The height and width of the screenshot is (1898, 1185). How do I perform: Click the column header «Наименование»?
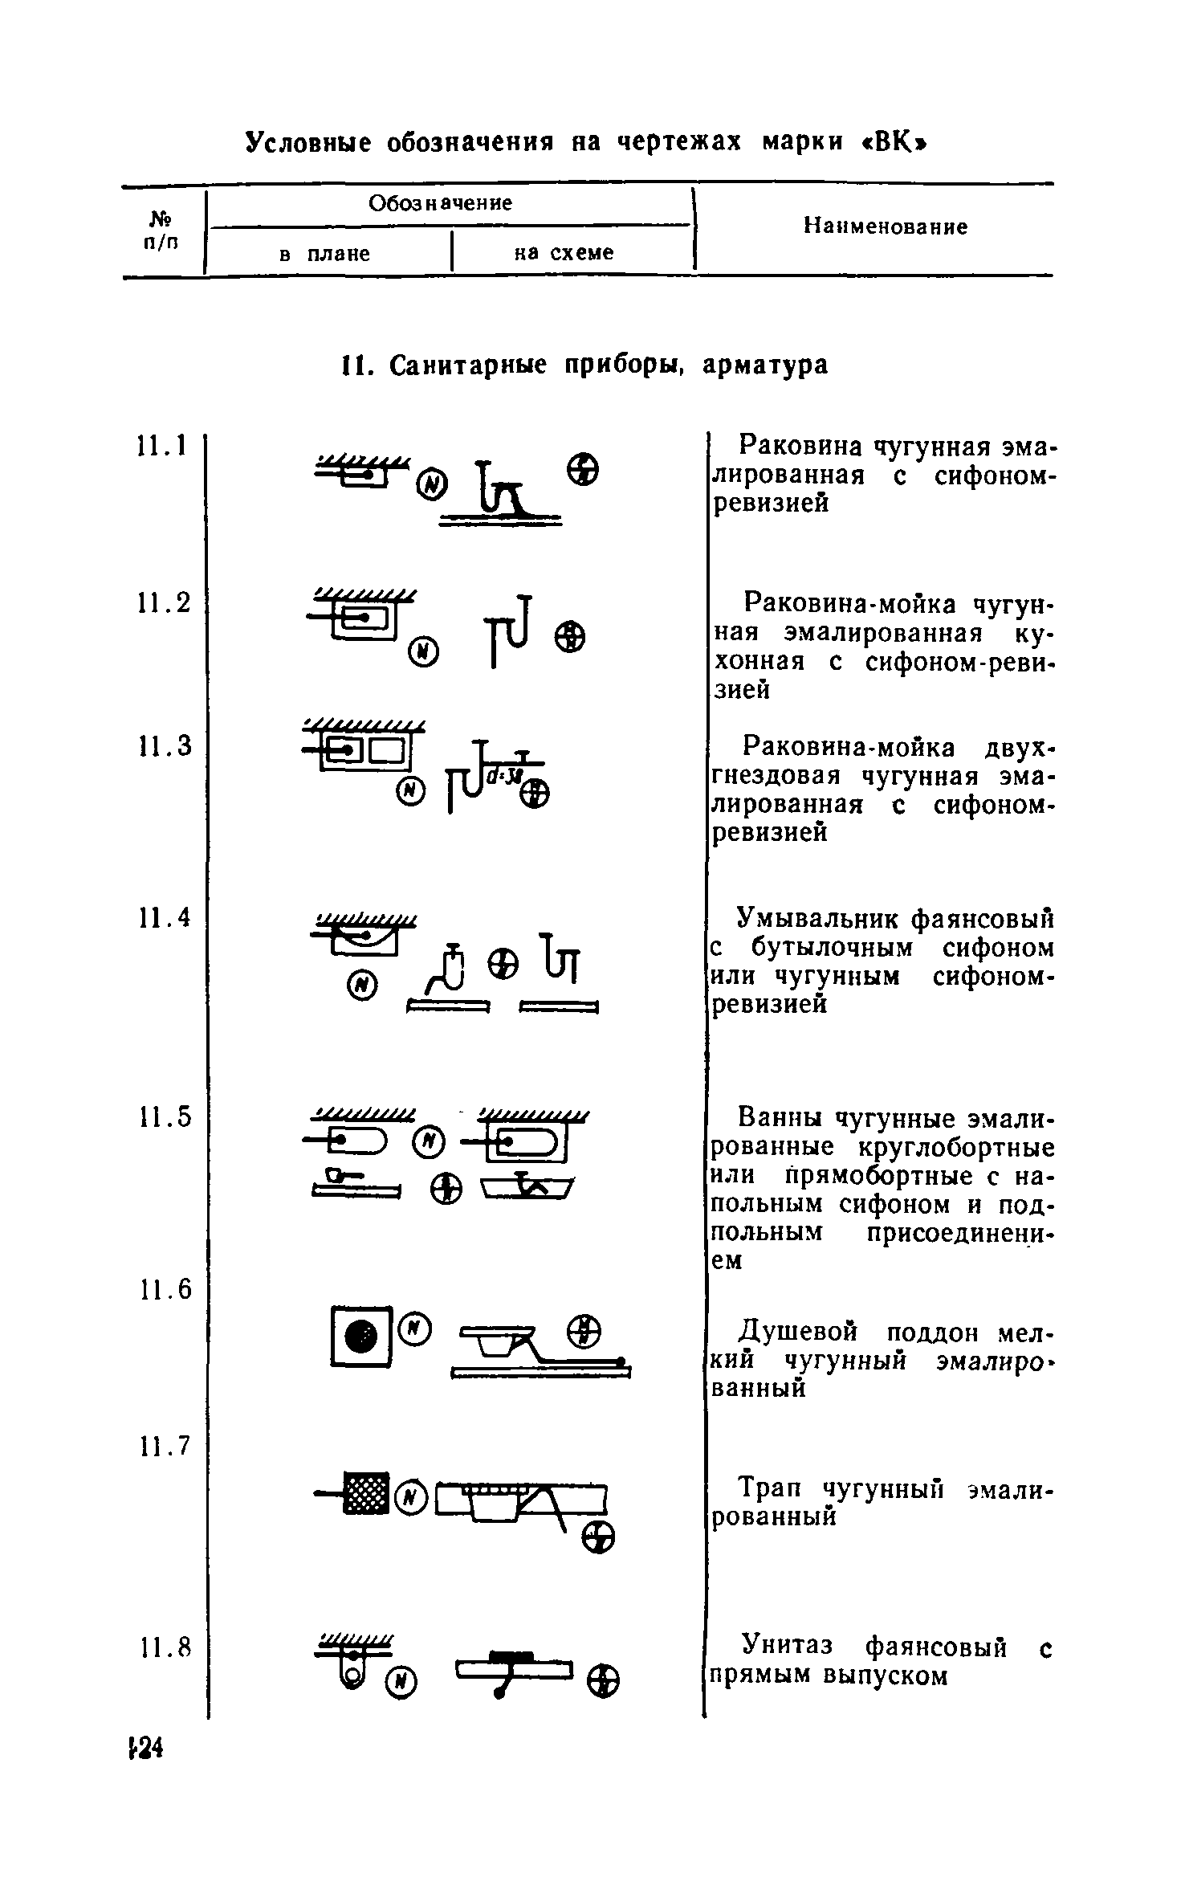(x=886, y=227)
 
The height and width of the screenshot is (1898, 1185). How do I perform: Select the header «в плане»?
(x=324, y=254)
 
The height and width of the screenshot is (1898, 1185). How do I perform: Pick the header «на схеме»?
(x=564, y=253)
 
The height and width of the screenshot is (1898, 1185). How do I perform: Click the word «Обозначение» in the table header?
(x=440, y=203)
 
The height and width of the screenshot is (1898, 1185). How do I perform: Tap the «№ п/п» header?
(x=161, y=229)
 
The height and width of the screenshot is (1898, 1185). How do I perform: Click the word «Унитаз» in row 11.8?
(x=792, y=1646)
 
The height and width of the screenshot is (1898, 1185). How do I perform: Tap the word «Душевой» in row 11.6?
(x=797, y=1333)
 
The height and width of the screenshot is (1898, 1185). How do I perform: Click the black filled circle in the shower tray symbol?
(x=360, y=1335)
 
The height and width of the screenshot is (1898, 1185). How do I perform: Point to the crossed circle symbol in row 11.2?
(x=568, y=639)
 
